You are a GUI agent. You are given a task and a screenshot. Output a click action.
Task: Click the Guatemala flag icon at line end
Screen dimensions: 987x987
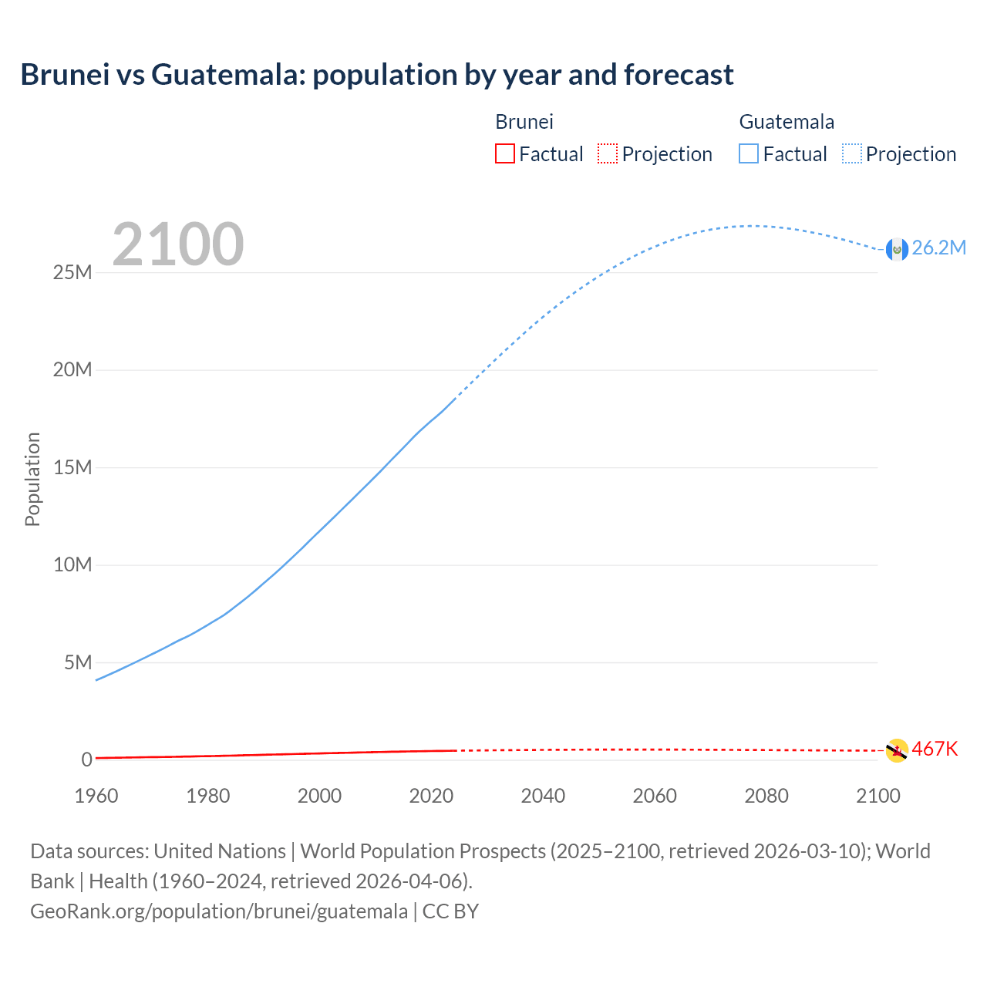pyautogui.click(x=897, y=249)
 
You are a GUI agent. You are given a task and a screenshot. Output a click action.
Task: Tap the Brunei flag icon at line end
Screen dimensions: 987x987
pyautogui.click(x=897, y=750)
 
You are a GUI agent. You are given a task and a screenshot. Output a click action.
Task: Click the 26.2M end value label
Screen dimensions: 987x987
pyautogui.click(x=938, y=248)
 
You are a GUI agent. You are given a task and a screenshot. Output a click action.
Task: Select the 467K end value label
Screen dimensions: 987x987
pyautogui.click(x=935, y=749)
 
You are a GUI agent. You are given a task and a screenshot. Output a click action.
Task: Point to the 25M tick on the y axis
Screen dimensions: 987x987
pyautogui.click(x=72, y=272)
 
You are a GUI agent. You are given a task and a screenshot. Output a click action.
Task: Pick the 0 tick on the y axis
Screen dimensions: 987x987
pyautogui.click(x=86, y=760)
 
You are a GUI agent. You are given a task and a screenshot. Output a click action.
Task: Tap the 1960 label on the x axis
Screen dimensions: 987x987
pyautogui.click(x=96, y=796)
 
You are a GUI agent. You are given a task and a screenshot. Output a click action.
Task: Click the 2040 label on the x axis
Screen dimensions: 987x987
pyautogui.click(x=543, y=796)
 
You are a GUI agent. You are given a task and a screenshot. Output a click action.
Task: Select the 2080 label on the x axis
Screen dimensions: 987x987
pyautogui.click(x=766, y=796)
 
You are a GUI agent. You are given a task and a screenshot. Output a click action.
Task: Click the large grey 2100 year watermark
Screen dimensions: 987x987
pyautogui.click(x=178, y=244)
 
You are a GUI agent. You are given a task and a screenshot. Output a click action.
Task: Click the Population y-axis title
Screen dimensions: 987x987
pyautogui.click(x=32, y=479)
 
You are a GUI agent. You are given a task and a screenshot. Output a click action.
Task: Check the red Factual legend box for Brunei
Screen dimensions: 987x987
pyautogui.click(x=504, y=153)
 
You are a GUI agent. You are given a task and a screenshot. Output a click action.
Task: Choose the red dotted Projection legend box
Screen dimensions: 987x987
pyautogui.click(x=608, y=153)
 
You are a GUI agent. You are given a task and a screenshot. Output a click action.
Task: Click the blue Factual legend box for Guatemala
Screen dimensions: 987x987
pyautogui.click(x=749, y=153)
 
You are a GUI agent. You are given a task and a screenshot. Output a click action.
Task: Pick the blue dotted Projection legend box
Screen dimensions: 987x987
pyautogui.click(x=851, y=153)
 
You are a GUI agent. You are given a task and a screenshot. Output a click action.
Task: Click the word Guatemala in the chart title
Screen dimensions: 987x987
pyautogui.click(x=227, y=75)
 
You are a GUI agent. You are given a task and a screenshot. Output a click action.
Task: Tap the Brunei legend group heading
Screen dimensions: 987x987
pyautogui.click(x=524, y=122)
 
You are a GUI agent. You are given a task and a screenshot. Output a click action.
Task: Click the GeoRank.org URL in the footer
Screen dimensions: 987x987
pyautogui.click(x=219, y=911)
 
